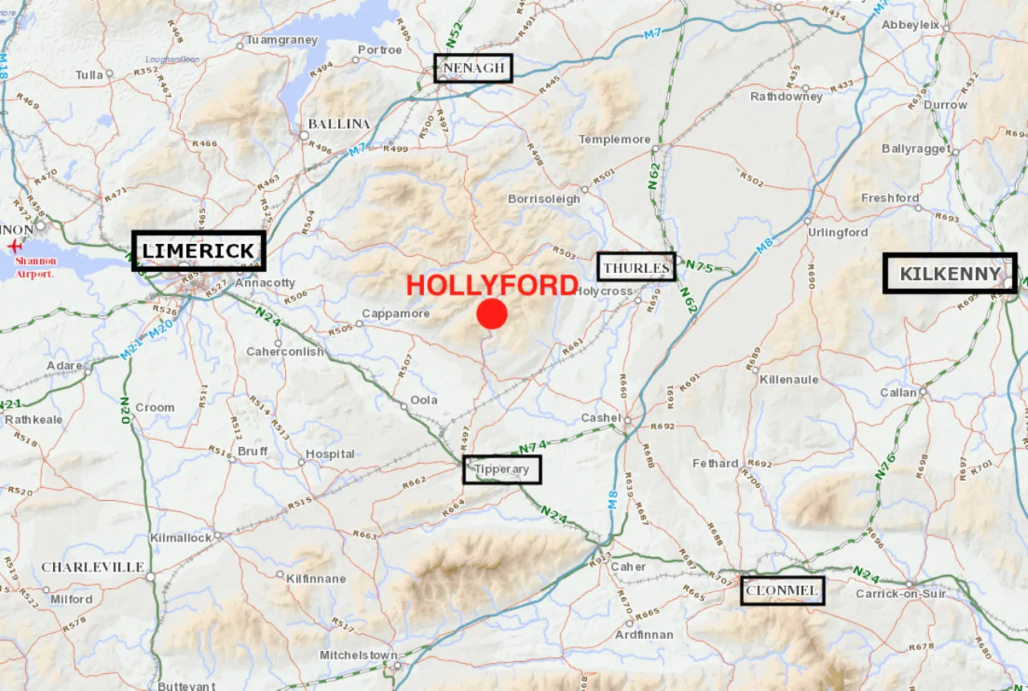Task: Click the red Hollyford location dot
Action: point(492,314)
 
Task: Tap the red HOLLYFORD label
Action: point(492,286)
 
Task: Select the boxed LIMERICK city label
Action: point(198,251)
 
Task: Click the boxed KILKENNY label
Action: point(950,274)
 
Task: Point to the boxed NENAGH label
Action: point(473,68)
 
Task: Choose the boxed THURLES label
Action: point(636,267)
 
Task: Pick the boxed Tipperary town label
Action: point(502,469)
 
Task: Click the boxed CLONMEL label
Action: point(782,591)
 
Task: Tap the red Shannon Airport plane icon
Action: point(14,246)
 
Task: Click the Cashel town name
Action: point(602,418)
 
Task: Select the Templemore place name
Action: point(614,140)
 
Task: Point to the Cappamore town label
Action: point(396,314)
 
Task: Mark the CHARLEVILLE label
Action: point(92,567)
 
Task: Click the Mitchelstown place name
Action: point(358,656)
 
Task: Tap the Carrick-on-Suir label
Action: point(900,595)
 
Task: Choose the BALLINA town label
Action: point(339,124)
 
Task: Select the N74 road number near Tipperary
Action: point(532,446)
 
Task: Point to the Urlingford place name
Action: point(837,233)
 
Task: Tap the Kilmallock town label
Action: point(181,538)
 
